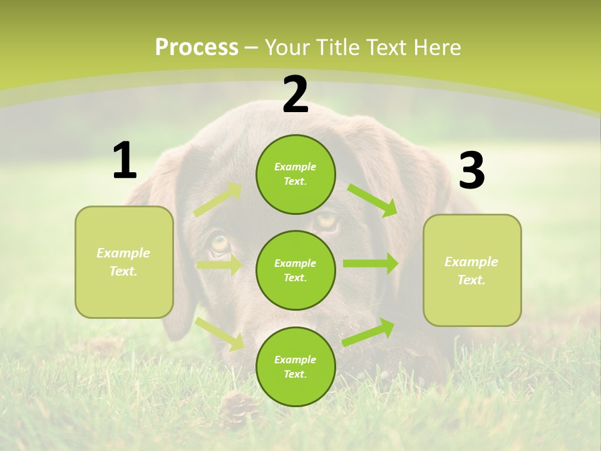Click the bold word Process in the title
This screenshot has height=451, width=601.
[197, 48]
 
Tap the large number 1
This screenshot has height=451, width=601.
[125, 160]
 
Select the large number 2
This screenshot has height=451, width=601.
[295, 95]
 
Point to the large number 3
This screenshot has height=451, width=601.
[471, 171]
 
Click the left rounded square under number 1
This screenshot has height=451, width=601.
[124, 262]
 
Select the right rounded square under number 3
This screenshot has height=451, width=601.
[472, 270]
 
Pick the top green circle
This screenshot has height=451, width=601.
[295, 174]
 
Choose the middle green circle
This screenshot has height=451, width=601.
[295, 270]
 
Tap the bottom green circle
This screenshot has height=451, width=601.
[295, 366]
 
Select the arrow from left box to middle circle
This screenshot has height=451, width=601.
[219, 264]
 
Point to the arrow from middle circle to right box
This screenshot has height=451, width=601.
[371, 264]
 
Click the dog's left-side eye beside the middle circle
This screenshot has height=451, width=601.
[220, 243]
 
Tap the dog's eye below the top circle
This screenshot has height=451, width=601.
[326, 220]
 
